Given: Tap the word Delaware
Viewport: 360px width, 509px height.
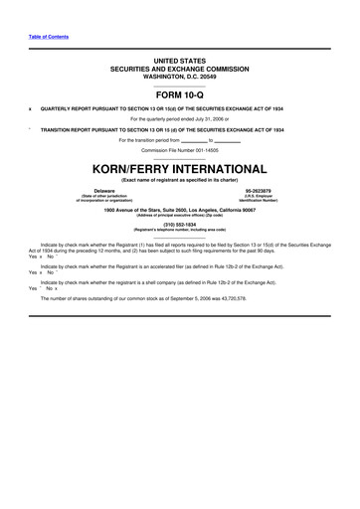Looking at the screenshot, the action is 103,190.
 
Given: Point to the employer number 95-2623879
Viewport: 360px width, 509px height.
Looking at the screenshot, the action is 257,190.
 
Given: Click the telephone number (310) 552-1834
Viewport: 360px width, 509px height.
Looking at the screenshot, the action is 180,224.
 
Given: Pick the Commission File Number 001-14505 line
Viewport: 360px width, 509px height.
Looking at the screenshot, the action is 180,148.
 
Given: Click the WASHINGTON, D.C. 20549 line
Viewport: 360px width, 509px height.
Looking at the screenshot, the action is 180,75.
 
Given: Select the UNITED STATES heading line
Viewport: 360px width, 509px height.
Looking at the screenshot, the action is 180,61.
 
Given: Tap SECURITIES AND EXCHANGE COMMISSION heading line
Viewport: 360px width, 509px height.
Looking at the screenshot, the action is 180,68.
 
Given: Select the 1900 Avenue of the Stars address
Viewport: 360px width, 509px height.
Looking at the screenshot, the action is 180,210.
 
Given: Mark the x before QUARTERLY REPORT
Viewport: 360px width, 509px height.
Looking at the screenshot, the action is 31,108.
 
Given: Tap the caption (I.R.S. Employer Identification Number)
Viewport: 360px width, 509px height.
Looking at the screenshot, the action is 257,198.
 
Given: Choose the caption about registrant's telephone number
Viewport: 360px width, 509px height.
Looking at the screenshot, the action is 180,230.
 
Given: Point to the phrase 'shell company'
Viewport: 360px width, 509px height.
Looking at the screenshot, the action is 160,283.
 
